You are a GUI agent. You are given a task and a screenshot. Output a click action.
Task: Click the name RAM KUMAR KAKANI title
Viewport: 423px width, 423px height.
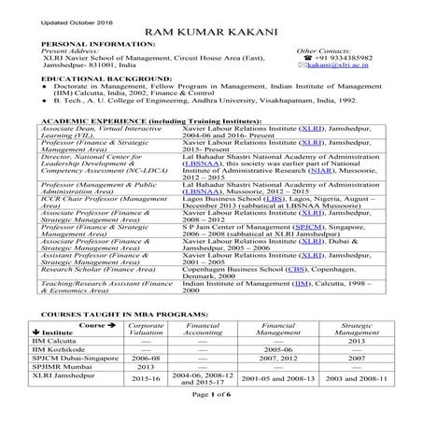212,33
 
